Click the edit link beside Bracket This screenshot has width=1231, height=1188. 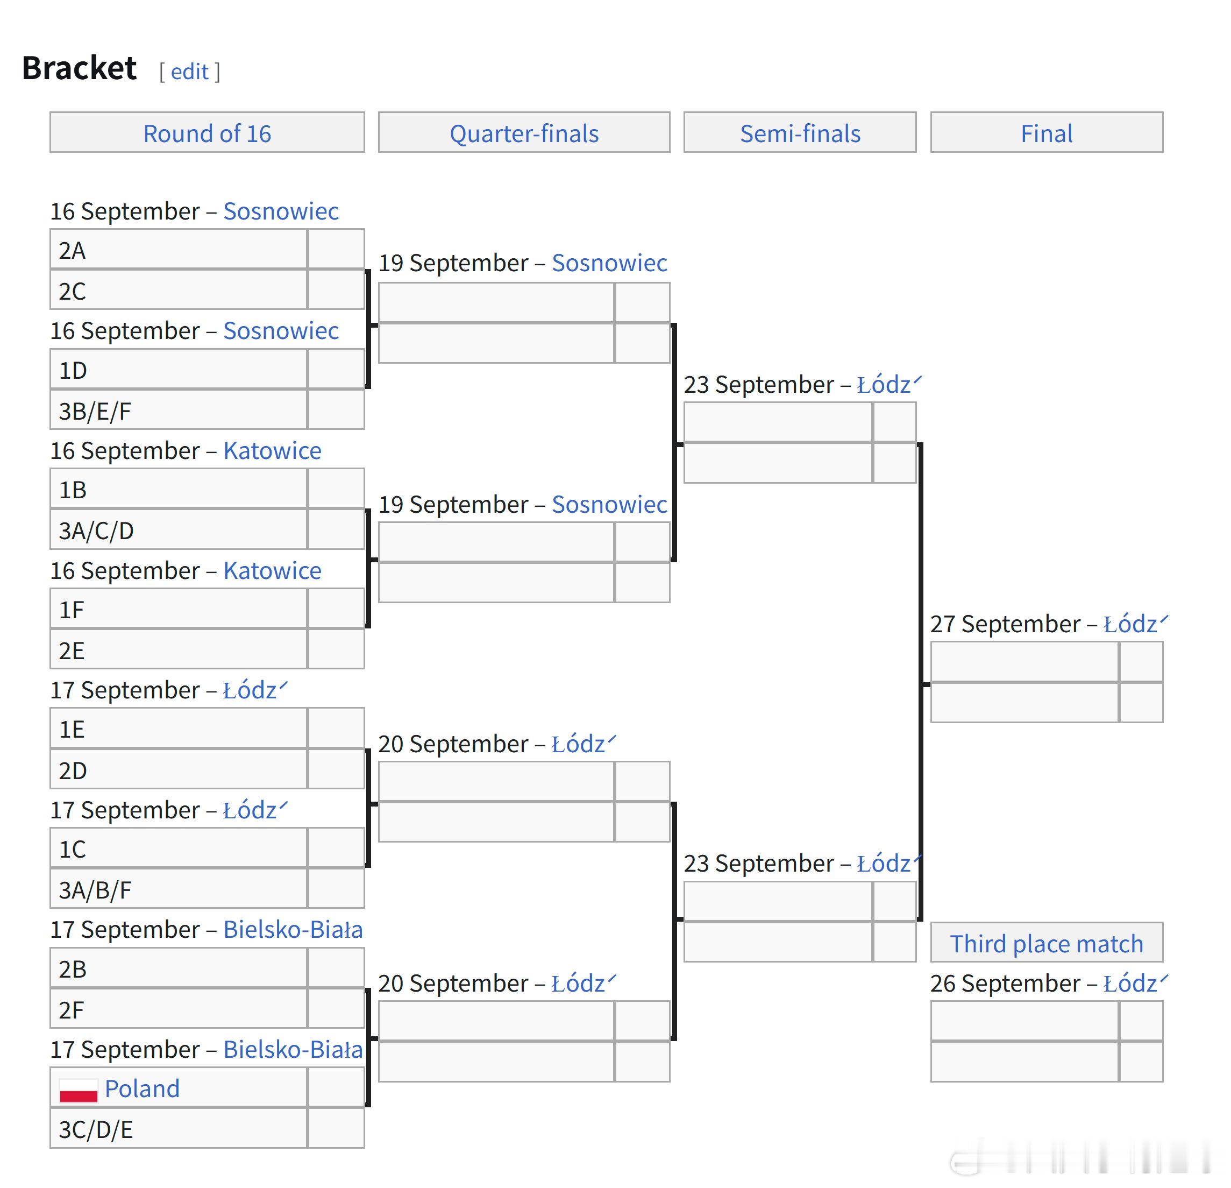189,72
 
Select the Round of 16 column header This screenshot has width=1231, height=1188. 207,133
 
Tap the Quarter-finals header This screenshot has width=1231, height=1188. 524,133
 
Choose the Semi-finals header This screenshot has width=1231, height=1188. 800,133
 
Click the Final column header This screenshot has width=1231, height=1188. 1047,133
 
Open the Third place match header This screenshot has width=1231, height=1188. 1047,944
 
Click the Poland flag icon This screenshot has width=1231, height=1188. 79,1090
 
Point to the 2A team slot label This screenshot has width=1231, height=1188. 72,251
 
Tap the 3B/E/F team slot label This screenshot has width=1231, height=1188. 95,412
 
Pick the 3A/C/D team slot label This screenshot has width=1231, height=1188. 96,531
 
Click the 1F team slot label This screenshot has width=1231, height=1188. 71,610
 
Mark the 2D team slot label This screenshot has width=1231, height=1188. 72,771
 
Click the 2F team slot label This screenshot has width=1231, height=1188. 71,1010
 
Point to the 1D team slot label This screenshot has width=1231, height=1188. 72,371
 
